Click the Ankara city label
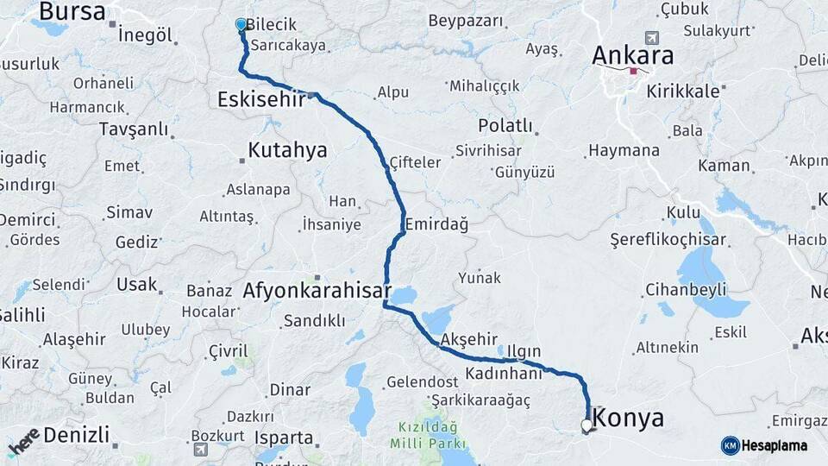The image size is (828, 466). [x=632, y=54]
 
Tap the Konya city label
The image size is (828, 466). [x=630, y=419]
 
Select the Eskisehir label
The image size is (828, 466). [x=261, y=98]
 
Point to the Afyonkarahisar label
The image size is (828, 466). [x=317, y=291]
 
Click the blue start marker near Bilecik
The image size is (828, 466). [x=241, y=25]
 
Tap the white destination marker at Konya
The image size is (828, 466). [x=587, y=425]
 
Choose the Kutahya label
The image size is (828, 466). [x=287, y=150]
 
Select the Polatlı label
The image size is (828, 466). [x=505, y=125]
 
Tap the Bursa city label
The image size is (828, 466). [x=72, y=12]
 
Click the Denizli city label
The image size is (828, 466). [x=76, y=434]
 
